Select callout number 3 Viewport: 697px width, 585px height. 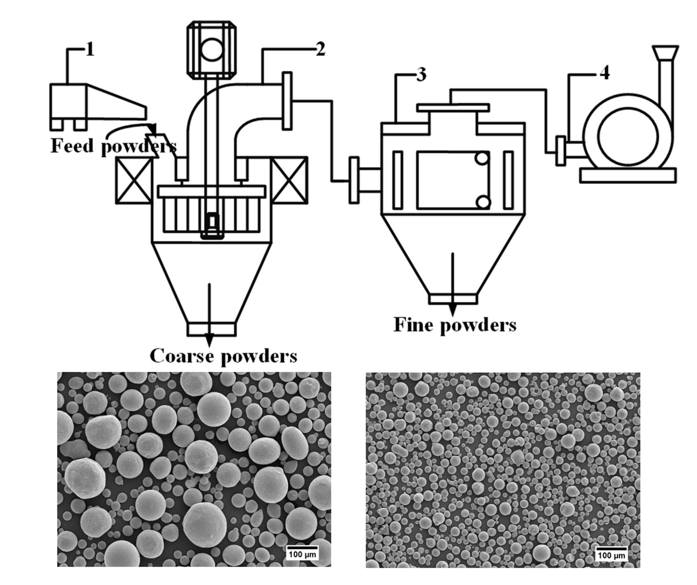pos(421,75)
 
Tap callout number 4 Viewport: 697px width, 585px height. pos(604,74)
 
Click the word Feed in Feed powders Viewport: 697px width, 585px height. pos(72,146)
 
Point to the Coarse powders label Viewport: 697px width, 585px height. pos(223,356)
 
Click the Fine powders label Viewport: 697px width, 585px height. pos(455,325)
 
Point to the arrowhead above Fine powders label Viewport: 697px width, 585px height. pos(452,310)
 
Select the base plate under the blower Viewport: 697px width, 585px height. pos(628,175)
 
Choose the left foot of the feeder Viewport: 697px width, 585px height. pos(57,124)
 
